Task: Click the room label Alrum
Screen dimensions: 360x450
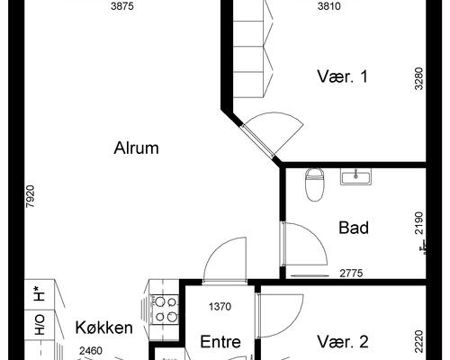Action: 137,148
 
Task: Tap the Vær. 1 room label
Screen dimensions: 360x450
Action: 343,76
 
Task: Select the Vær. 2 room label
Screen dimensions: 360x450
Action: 343,342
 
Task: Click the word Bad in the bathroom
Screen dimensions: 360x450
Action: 354,228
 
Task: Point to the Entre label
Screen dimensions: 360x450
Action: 220,342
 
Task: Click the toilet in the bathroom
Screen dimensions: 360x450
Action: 314,184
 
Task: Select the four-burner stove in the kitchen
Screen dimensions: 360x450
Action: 165,310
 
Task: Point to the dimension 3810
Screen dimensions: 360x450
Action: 331,6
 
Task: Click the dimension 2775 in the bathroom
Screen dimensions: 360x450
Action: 355,273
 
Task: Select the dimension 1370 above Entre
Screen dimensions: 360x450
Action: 220,306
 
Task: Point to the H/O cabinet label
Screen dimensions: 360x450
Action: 40,325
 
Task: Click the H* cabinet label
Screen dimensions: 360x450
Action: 40,293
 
